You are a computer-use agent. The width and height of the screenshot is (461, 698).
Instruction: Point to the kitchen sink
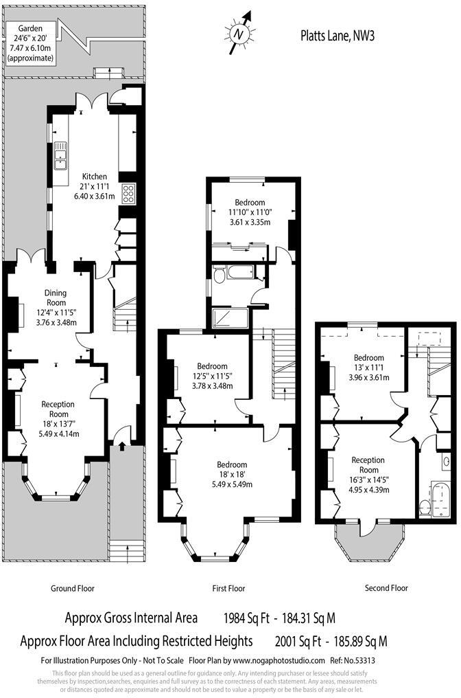tap(60, 156)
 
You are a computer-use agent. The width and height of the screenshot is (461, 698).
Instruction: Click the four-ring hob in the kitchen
tap(128, 194)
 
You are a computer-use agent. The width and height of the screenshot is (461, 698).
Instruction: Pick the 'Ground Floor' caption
tap(73, 588)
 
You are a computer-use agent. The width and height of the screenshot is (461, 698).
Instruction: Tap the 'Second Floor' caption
tap(386, 588)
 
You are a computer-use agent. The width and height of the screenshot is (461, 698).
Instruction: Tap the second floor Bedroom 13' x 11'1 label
tap(368, 368)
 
